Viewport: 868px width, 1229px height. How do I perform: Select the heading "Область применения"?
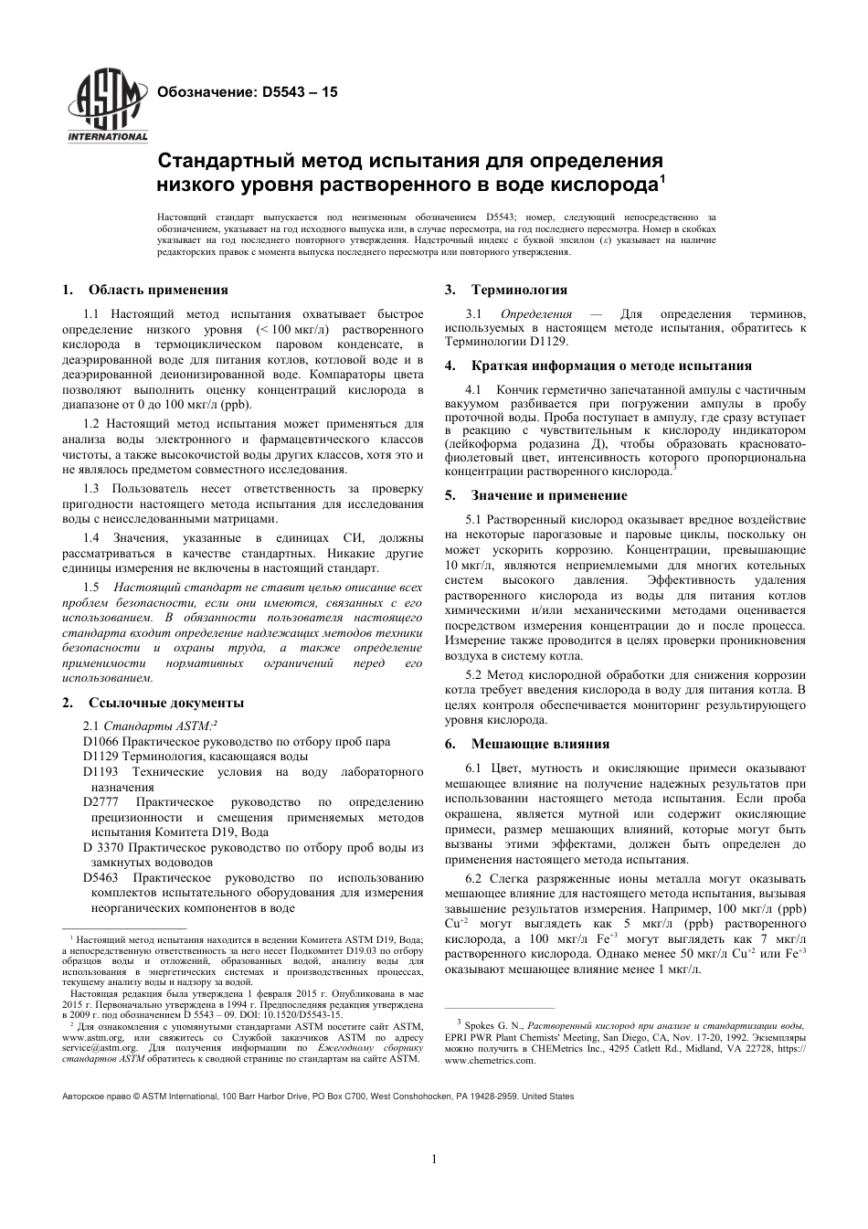tap(158, 290)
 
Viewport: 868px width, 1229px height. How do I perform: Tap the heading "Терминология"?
tap(519, 290)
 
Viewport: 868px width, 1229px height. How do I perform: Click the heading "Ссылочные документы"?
tap(166, 703)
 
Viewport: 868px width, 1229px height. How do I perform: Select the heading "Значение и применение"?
tap(549, 495)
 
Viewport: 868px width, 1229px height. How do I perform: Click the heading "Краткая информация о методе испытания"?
tap(611, 366)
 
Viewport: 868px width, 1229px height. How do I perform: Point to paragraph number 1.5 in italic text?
tap(91, 587)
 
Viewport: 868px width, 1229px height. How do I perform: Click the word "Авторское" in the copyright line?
tap(82, 1096)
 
